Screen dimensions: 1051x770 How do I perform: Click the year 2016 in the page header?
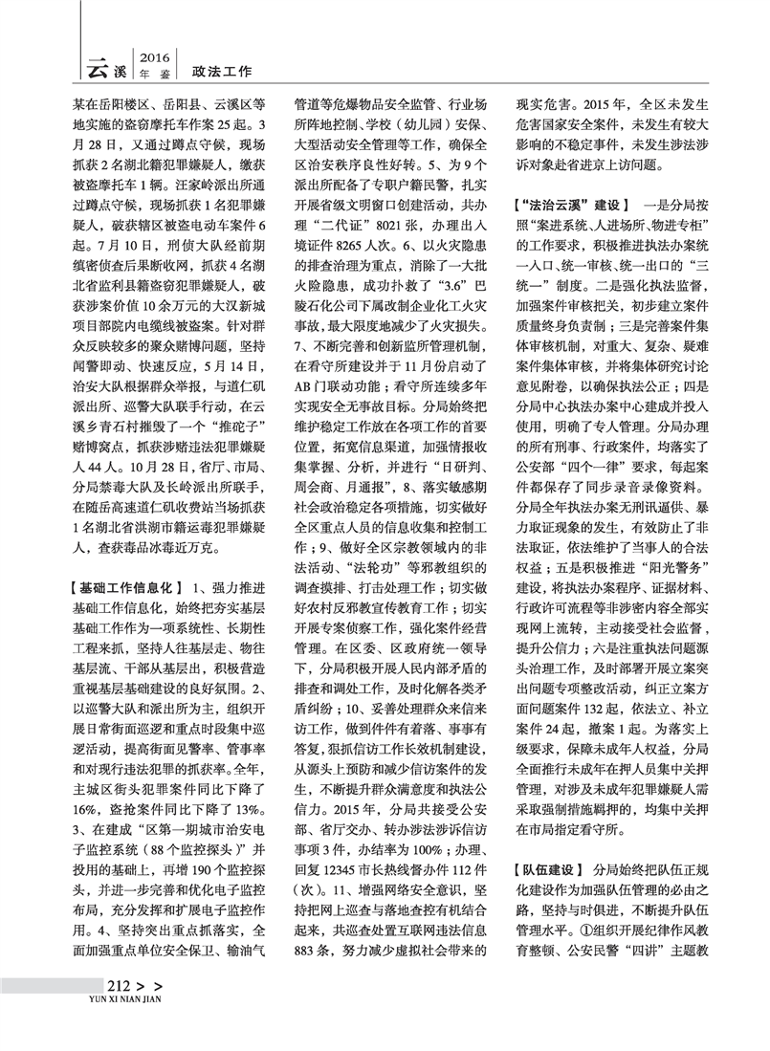(x=154, y=55)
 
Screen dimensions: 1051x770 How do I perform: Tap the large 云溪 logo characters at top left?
(x=105, y=66)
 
